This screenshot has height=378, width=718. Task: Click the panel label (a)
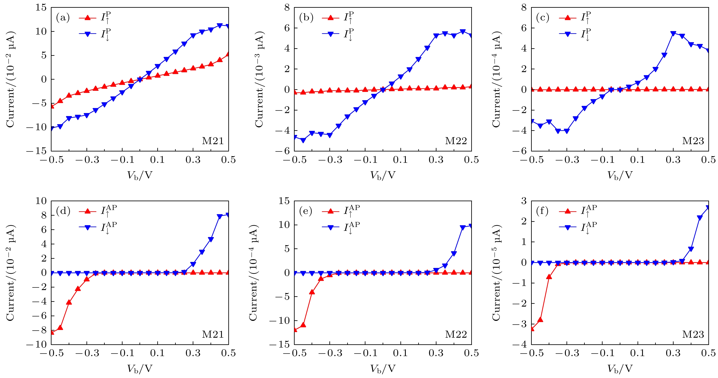[63, 18]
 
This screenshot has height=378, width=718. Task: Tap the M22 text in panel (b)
[456, 141]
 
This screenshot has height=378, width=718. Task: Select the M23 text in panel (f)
[693, 334]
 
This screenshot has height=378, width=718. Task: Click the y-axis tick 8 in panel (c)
[524, 8]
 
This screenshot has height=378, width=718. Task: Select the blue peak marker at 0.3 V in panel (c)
[673, 34]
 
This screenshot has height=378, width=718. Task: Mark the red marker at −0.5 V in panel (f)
[532, 329]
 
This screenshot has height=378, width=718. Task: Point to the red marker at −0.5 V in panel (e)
[295, 330]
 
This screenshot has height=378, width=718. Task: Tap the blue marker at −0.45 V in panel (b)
[303, 140]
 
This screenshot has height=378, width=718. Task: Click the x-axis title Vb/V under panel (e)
[383, 369]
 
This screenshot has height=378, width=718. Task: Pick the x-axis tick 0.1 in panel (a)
[158, 160]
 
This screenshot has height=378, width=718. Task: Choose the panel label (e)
[306, 211]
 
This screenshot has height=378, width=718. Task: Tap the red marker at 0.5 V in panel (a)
[228, 54]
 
